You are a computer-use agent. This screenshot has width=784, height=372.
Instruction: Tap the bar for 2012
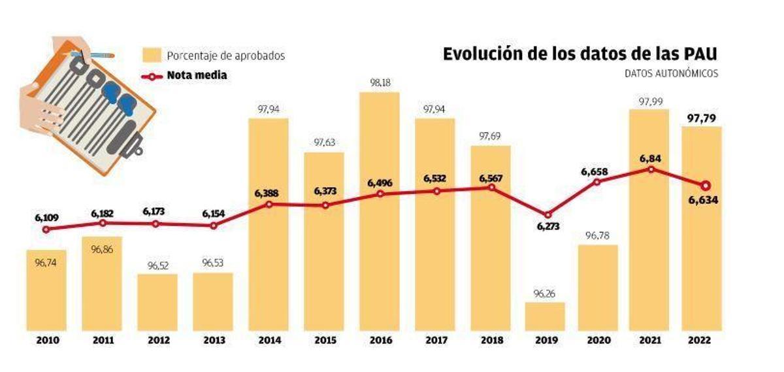coord(157,301)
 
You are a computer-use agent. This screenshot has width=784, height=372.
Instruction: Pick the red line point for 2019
coord(547,214)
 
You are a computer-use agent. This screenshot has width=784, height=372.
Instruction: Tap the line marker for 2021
coord(651,169)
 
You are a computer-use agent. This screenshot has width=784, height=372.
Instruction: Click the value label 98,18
coord(380,83)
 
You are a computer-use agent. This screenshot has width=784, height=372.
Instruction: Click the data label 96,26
coord(545,292)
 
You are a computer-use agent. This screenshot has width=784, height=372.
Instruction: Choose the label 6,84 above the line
coord(650,156)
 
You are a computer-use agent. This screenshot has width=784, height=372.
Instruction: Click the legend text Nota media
coord(197,75)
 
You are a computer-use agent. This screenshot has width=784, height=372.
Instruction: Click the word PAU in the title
coord(699,54)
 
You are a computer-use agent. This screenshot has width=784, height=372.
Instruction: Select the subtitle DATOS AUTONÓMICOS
coord(671,73)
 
